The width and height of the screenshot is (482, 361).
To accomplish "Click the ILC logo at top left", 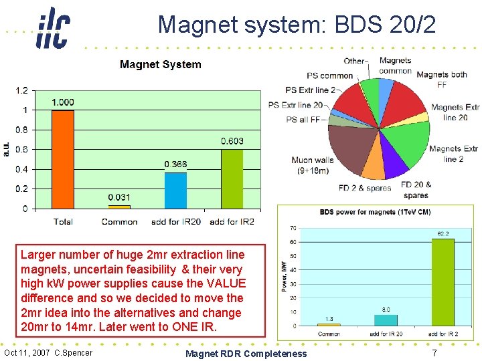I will pos(53,28).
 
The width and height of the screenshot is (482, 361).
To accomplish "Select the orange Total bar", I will pos(62,159).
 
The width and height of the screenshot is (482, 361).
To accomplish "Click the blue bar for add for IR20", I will pos(175,191).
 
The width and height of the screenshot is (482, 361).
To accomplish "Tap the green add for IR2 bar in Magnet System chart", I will pos(232,178).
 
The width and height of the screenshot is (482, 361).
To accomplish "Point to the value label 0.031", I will pos(119,197).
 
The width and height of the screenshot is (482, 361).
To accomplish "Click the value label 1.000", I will pos(63,102).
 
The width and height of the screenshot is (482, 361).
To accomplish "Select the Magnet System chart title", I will pos(160,65).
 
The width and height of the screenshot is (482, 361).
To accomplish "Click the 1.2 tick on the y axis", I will pos(22,90).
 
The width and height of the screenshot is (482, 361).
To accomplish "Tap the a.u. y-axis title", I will pos(7,149).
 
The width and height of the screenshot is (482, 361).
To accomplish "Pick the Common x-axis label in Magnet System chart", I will pos(119,221).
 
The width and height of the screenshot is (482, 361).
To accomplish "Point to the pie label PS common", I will pos(329,76).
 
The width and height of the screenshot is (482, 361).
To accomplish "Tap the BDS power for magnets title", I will pos(374,212).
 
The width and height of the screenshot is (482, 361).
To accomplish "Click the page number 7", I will pos(434,352).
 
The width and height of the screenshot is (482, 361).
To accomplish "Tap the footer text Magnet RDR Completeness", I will pos(246,354).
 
